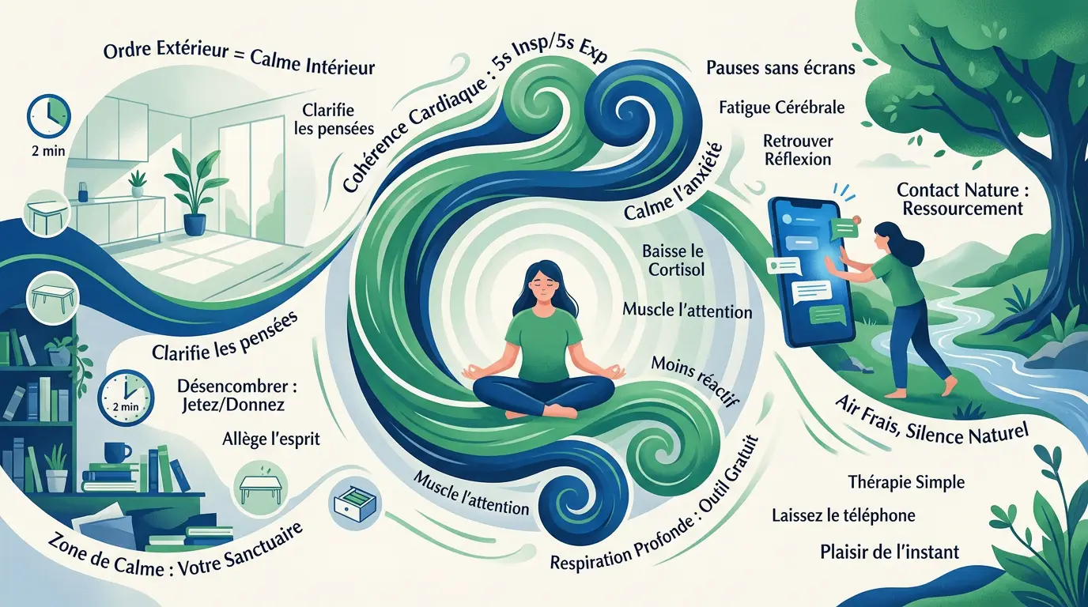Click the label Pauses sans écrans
coord(780,67)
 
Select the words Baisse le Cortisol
coord(673,260)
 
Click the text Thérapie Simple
coord(906,482)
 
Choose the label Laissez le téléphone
coord(844,515)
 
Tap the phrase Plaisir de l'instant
coord(890,552)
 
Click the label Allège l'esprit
coord(271,439)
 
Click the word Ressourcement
coord(962,209)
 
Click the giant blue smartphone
coord(810,273)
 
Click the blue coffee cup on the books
coord(116,453)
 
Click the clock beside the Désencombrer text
coord(126,398)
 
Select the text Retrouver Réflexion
coord(798,150)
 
